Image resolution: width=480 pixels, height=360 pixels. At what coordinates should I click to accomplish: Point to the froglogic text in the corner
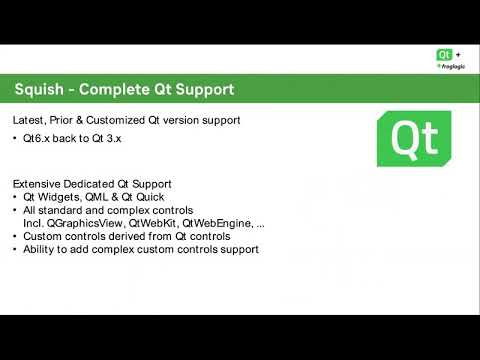pos(452,66)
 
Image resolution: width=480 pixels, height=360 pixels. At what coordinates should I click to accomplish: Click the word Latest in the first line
pos(29,120)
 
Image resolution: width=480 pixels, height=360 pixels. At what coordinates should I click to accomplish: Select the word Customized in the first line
pos(125,120)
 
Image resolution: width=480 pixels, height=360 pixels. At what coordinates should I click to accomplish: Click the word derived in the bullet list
pos(123,237)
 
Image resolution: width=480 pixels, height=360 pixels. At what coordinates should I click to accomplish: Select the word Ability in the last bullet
pos(40,249)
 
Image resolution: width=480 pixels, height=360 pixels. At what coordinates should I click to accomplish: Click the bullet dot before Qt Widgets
pos(16,199)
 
